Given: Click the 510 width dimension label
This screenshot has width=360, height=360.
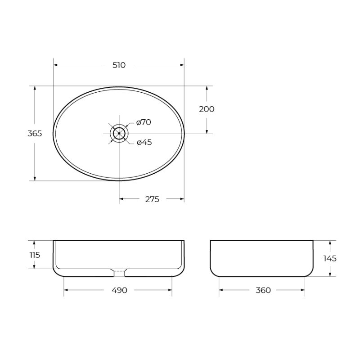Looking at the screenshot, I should point(119,65).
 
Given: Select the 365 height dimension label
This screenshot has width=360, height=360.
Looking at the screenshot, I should point(35,134).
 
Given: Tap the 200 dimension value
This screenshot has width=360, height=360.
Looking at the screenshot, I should point(207,109).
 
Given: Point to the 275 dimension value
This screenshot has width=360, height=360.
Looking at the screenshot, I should point(152,199).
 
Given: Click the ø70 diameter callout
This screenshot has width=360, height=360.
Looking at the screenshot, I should point(144,122).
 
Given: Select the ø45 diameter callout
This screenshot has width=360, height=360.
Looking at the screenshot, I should point(144,142).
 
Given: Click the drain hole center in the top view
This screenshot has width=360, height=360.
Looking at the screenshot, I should point(119,134).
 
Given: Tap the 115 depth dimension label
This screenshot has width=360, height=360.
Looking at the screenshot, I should point(35,255).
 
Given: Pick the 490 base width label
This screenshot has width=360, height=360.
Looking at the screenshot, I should point(118,290).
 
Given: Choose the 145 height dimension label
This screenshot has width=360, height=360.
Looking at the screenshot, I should point(330,258).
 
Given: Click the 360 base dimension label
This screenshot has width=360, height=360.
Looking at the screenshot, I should point(263,290).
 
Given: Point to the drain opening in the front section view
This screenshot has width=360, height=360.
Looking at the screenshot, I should point(119,271).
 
